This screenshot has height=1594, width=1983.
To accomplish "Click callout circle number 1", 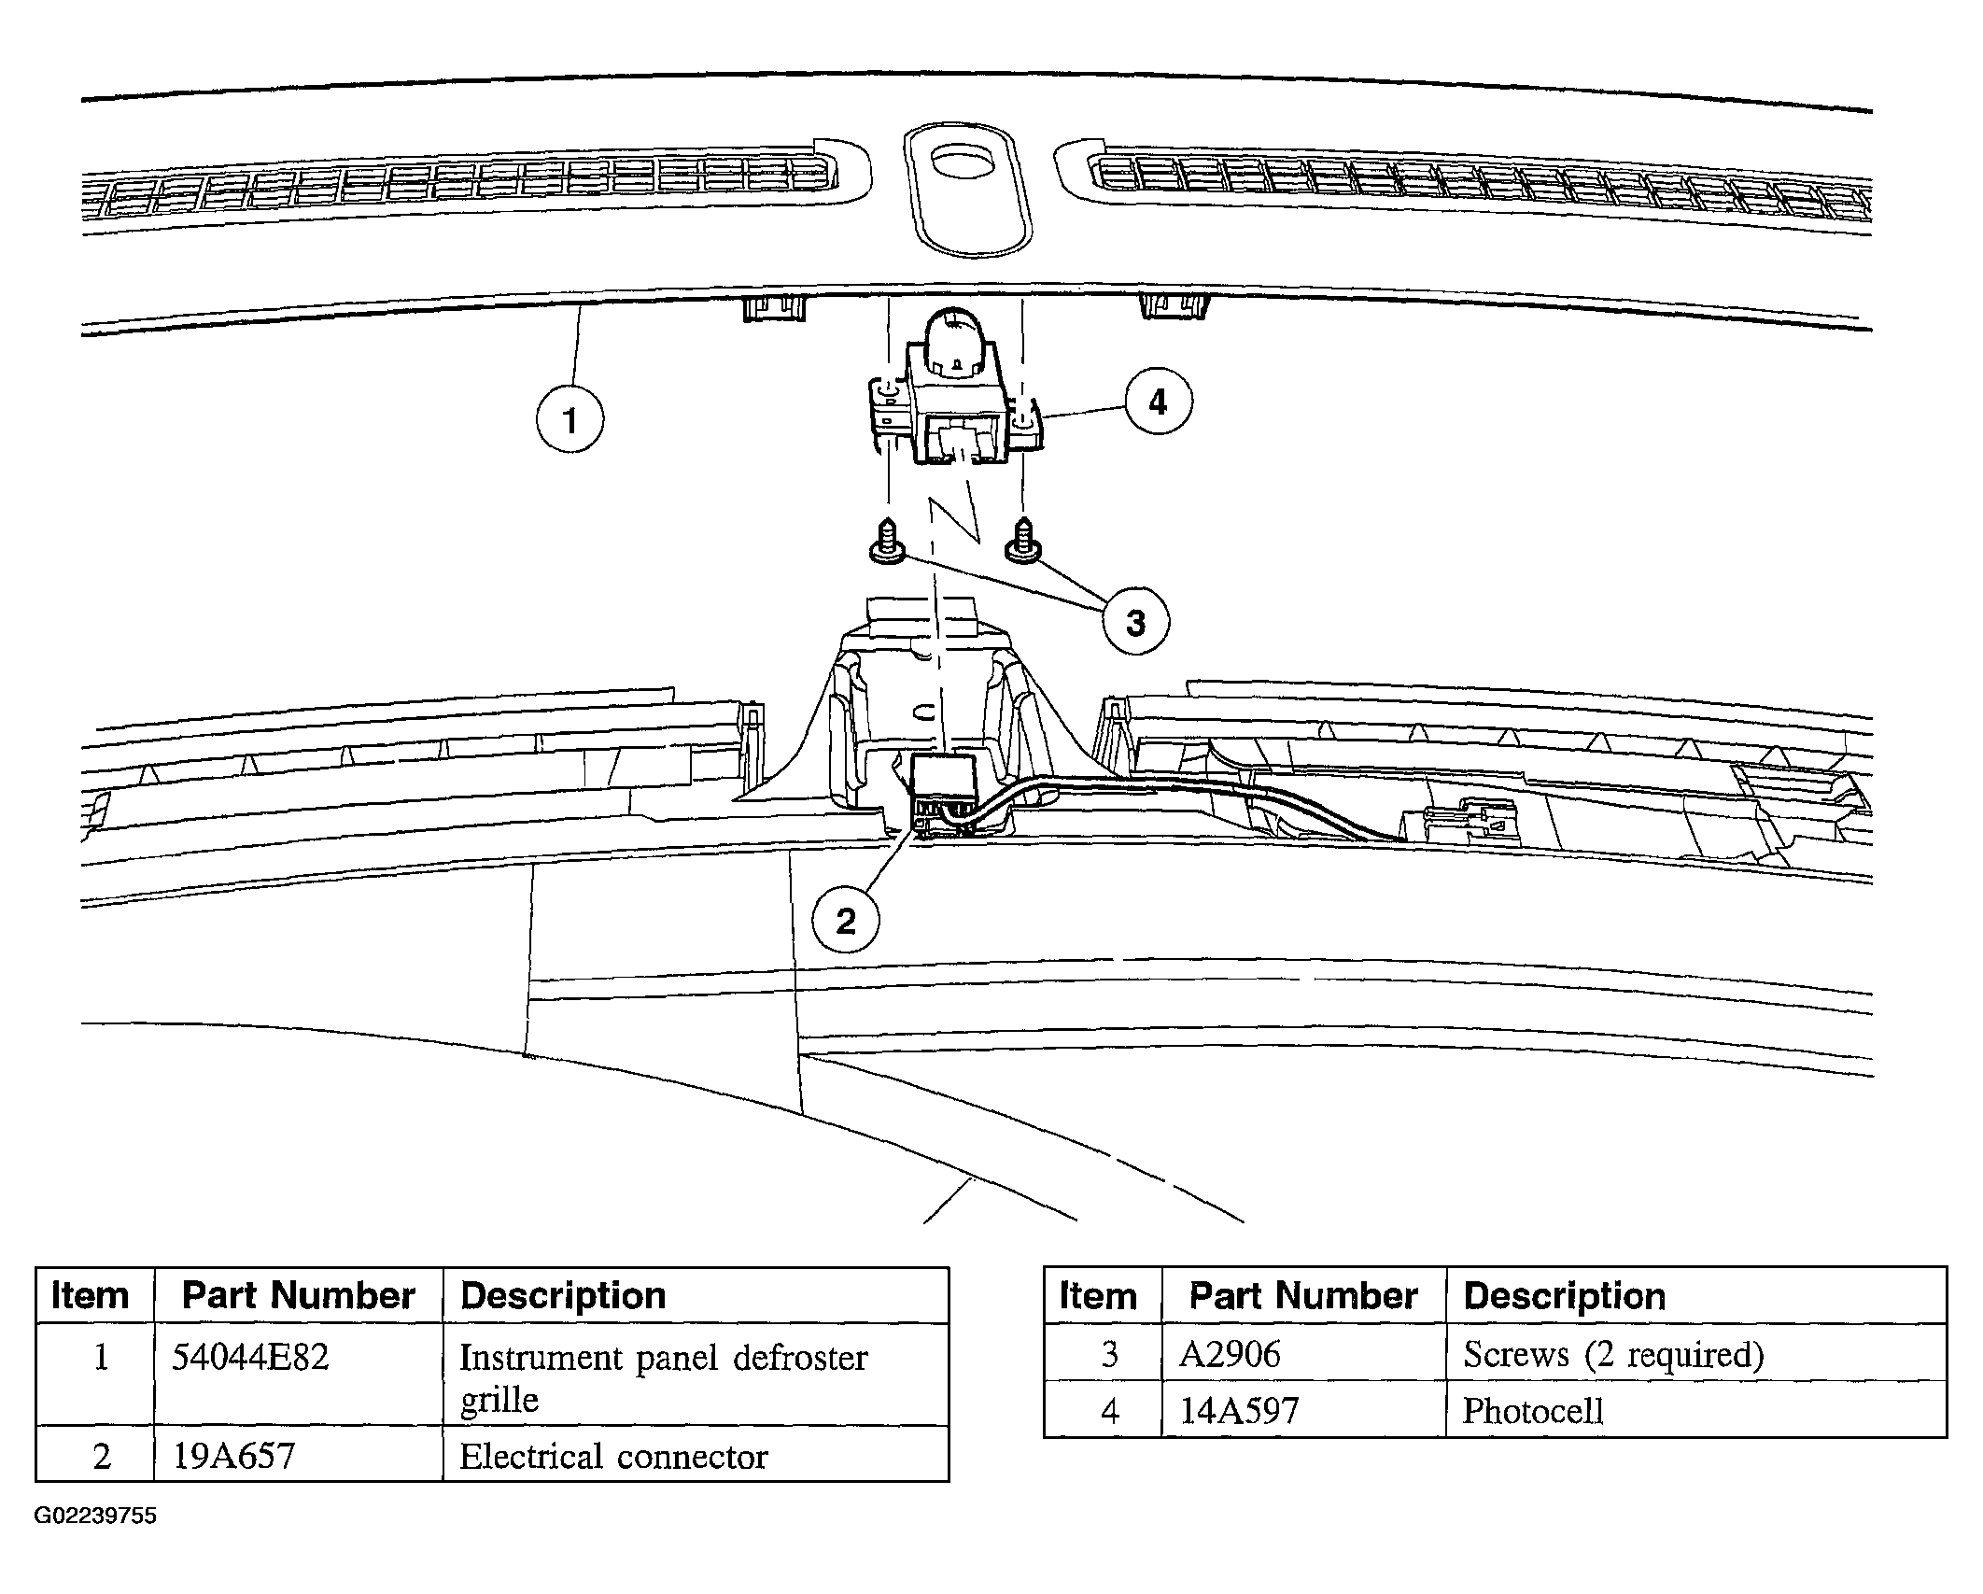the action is click(x=570, y=419).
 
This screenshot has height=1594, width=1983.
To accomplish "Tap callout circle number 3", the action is click(x=1135, y=621).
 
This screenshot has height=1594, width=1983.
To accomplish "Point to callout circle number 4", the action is click(x=1158, y=402).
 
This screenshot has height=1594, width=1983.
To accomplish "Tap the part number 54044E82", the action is click(x=250, y=1357).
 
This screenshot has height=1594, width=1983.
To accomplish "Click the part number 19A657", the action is click(x=233, y=1456).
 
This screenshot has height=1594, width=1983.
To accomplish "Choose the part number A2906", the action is click(x=1230, y=1354).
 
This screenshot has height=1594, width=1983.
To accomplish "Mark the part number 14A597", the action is click(x=1239, y=1410).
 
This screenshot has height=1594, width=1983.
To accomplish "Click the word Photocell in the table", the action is click(x=1532, y=1410).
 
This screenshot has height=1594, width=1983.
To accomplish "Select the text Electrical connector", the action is click(x=613, y=1457).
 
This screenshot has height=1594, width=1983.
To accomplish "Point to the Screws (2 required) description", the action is click(x=1613, y=1355).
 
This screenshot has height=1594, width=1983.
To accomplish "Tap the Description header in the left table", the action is click(x=563, y=1296).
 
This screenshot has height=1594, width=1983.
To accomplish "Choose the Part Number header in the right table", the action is click(x=1303, y=1296).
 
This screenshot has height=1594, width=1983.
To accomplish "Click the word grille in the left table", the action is click(x=499, y=1401).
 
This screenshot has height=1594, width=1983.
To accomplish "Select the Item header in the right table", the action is click(x=1098, y=1296).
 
